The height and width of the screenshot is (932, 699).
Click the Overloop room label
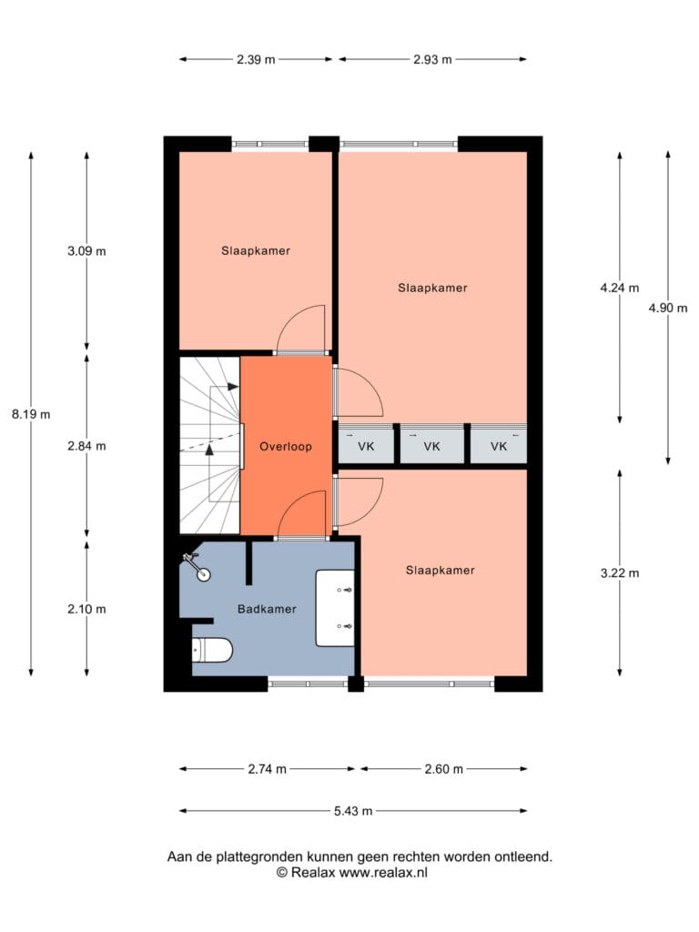[285, 446]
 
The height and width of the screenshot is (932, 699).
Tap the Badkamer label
[267, 609]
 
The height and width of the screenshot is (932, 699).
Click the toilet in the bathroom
[211, 650]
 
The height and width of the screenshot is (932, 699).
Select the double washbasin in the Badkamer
[335, 607]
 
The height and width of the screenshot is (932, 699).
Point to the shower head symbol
[197, 566]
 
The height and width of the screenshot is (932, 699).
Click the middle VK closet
[432, 445]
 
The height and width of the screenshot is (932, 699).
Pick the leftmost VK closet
[366, 445]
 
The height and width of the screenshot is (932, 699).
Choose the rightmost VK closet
[499, 445]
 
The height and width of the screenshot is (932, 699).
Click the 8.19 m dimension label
[31, 414]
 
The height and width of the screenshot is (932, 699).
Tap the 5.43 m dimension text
[353, 811]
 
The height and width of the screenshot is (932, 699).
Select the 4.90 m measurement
[668, 308]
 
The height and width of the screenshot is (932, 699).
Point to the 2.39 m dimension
[256, 59]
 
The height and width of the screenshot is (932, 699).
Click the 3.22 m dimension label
[620, 573]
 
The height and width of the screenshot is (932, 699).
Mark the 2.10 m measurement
[86, 609]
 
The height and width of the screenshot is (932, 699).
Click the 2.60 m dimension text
[443, 769]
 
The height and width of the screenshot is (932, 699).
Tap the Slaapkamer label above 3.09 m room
[256, 251]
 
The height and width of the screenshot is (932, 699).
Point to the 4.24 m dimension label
[620, 288]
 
